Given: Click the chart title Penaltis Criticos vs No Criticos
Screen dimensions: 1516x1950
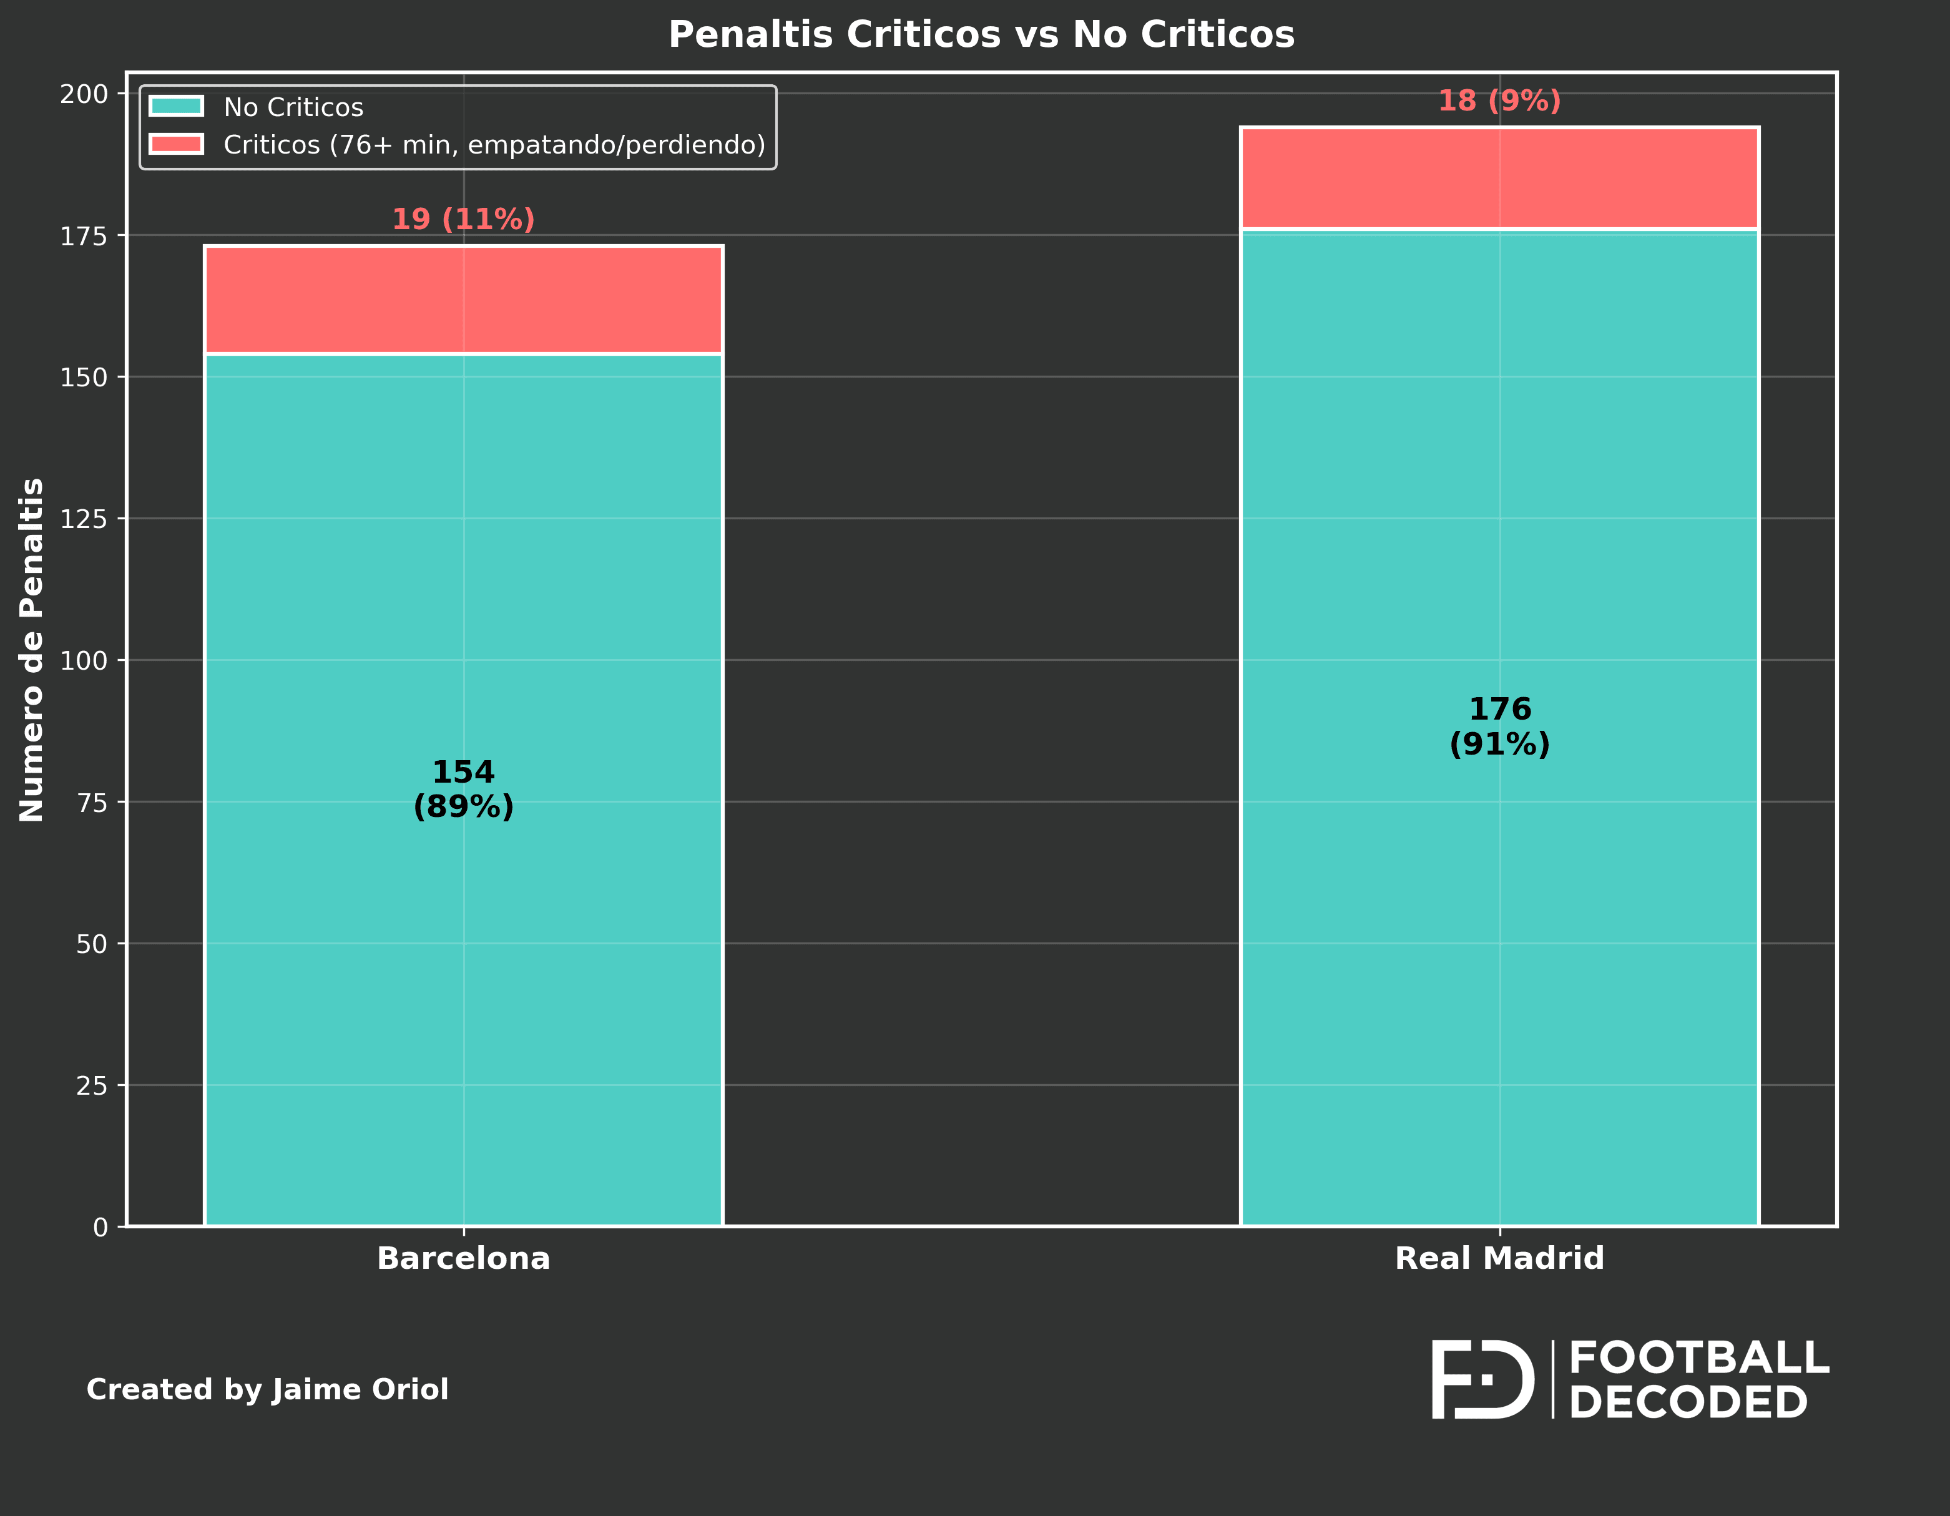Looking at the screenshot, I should (x=981, y=36).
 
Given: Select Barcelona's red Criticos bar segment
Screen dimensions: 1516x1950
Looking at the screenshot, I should (x=463, y=300).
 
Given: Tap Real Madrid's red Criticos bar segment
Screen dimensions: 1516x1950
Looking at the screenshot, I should (x=1499, y=178).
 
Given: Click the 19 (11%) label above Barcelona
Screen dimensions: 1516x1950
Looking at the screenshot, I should (x=463, y=220).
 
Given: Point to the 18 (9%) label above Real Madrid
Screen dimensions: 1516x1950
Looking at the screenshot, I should (x=1499, y=101).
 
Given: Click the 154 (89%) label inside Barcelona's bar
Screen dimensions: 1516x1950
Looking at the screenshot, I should (x=463, y=790).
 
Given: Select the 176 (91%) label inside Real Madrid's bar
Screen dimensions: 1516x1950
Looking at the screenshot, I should (x=1499, y=726).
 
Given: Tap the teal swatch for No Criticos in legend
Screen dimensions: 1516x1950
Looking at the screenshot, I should (x=177, y=106).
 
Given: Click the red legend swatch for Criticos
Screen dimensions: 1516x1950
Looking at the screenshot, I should (x=177, y=144).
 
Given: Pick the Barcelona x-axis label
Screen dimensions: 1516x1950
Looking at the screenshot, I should (x=463, y=1259).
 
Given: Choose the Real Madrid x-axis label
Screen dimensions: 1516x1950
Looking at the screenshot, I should (x=1499, y=1259).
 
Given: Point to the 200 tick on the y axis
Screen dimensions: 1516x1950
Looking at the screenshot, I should (x=84, y=94).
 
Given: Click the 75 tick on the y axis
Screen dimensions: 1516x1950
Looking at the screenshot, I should (x=91, y=803).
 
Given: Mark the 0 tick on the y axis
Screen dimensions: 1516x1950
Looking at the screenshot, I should (x=100, y=1228).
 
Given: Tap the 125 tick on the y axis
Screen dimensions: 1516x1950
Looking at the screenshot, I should (x=84, y=519).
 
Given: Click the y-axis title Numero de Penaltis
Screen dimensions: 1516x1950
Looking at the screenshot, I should (x=32, y=649).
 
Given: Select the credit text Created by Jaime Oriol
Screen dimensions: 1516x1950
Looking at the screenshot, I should (x=267, y=1390).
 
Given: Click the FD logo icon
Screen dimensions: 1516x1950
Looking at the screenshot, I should (x=1482, y=1379).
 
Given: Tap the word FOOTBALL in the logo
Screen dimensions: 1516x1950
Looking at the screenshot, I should (x=1698, y=1359).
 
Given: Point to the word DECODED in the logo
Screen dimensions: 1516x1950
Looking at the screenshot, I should (x=1687, y=1402).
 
